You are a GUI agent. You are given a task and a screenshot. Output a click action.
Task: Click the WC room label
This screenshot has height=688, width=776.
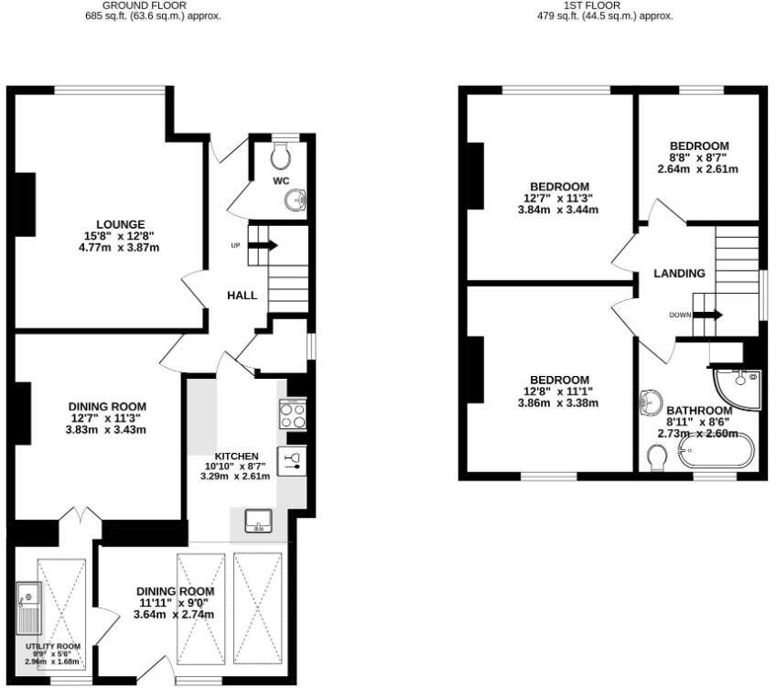pos(281,181)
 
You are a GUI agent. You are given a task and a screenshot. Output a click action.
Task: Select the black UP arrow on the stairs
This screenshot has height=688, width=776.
pos(267,245)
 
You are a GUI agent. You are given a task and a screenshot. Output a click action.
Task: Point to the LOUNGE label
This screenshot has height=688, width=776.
pos(121,224)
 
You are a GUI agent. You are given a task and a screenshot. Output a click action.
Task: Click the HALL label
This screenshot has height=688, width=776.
pos(242,296)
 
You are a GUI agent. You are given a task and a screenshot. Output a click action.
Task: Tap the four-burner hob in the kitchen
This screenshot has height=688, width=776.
pos(292,416)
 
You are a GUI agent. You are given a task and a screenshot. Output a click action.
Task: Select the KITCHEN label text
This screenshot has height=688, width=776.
pos(236,456)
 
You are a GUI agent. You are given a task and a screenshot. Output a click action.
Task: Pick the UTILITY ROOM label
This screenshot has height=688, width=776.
pos(53,646)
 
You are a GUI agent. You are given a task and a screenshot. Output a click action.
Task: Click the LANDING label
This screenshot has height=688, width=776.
pos(679,274)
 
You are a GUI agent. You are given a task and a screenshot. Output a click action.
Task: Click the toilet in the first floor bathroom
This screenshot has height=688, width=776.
pos(655,457)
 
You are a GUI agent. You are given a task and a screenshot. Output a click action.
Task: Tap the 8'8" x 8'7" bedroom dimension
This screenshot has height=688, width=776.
pos(698,157)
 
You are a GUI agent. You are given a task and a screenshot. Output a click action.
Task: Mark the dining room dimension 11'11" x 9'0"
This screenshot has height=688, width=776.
pos(176,603)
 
